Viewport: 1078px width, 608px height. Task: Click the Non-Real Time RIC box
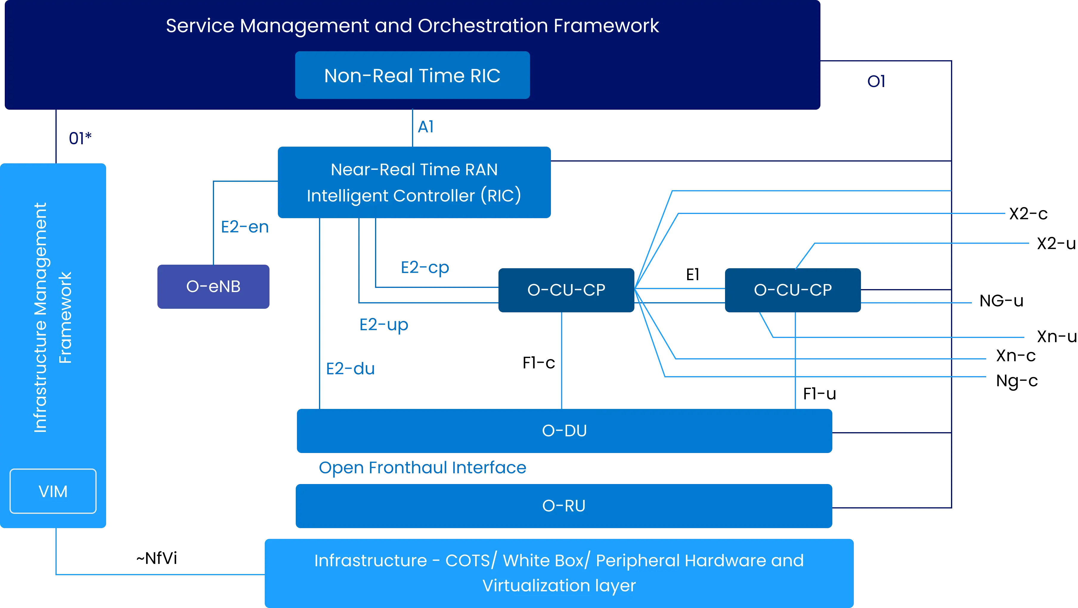[412, 75]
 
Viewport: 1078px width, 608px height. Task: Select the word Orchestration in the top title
[482, 26]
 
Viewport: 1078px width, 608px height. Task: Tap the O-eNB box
[213, 287]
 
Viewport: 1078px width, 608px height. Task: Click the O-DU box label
[564, 431]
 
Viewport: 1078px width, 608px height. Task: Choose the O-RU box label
[564, 506]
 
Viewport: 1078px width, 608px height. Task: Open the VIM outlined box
[53, 491]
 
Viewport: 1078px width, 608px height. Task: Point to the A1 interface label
[426, 126]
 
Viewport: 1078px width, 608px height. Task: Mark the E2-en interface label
[243, 227]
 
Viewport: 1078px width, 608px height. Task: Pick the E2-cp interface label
[425, 268]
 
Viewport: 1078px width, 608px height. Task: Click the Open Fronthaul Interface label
[423, 469]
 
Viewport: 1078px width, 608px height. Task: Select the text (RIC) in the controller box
[501, 196]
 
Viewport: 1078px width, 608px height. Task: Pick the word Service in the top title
[200, 26]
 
